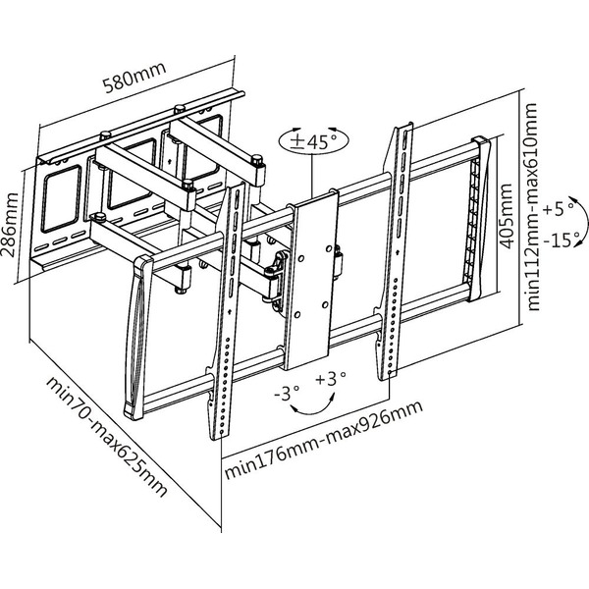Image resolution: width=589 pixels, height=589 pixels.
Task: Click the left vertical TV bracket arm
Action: tap(225, 314)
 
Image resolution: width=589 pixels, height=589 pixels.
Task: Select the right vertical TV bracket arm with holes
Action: tap(392, 255)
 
